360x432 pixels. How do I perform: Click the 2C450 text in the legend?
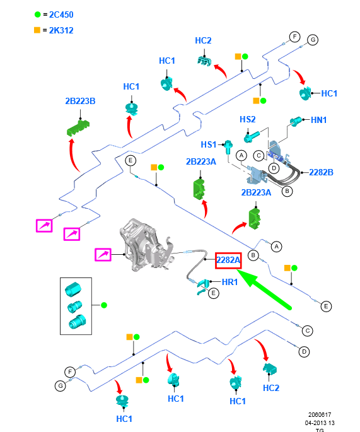click(x=61, y=15)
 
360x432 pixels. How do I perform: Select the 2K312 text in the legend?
click(x=61, y=30)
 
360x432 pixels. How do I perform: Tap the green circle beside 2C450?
click(x=38, y=15)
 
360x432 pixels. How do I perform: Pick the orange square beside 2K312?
click(x=37, y=30)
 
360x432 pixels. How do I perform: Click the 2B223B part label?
click(x=80, y=101)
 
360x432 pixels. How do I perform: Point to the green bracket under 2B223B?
click(x=78, y=128)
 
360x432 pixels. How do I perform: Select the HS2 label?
click(x=247, y=119)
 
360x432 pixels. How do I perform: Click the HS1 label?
click(x=209, y=144)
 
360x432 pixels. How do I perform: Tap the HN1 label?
click(x=318, y=120)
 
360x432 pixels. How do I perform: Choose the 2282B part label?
click(x=321, y=172)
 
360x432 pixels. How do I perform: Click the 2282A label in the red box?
click(x=228, y=260)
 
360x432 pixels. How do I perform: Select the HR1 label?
click(x=229, y=282)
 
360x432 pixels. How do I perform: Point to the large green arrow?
click(x=264, y=289)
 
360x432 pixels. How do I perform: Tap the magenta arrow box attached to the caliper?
click(x=103, y=255)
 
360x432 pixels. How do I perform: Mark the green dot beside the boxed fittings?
click(x=104, y=305)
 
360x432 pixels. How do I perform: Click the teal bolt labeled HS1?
click(x=228, y=148)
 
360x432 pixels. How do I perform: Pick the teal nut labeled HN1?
click(x=296, y=121)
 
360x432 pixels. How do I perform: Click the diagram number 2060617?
click(x=320, y=414)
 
